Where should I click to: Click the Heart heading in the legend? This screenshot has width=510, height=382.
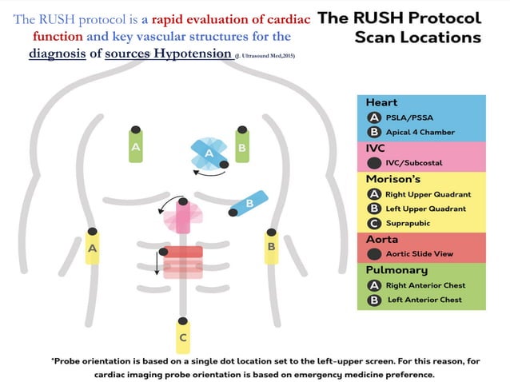381,102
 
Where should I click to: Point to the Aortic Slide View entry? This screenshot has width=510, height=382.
419,253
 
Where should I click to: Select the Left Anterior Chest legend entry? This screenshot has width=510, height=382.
424,300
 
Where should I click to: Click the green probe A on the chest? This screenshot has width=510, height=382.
137,146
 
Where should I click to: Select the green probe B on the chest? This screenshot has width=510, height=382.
242,146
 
